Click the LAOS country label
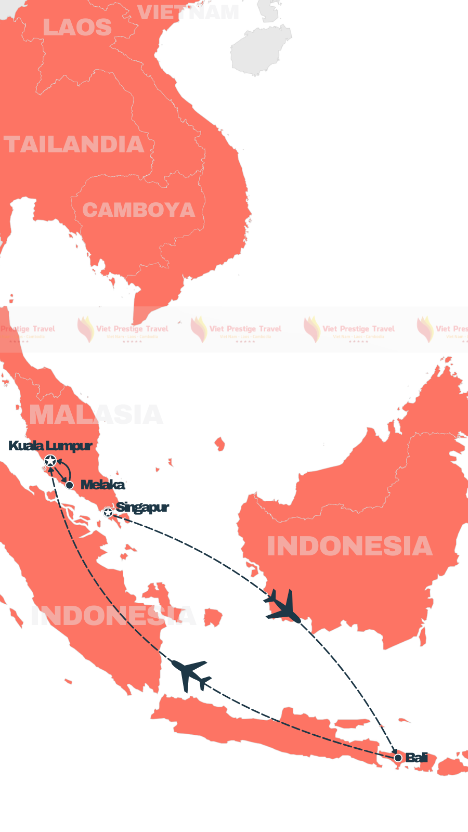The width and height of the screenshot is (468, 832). (x=77, y=28)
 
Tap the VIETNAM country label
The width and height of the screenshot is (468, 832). (x=188, y=12)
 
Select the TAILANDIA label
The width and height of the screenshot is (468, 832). (x=74, y=145)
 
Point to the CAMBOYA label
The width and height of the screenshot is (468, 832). (x=138, y=210)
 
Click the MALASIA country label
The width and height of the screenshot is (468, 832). (x=96, y=415)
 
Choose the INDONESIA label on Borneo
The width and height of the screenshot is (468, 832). (x=349, y=546)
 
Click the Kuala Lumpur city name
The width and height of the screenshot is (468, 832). (x=50, y=446)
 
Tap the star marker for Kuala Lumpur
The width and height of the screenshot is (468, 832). (x=50, y=461)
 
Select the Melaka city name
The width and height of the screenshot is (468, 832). (x=103, y=485)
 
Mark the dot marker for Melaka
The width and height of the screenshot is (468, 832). (x=70, y=485)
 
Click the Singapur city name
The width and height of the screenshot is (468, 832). (x=142, y=507)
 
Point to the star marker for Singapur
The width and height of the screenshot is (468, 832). (x=108, y=513)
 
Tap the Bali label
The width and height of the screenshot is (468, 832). (x=417, y=758)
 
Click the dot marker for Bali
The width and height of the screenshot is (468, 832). (x=398, y=758)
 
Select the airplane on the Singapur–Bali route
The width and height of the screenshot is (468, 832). (x=283, y=606)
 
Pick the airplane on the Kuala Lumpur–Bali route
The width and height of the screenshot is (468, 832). (x=191, y=674)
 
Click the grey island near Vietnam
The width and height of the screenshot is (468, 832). (x=258, y=49)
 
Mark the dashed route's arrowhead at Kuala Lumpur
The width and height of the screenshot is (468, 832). (x=51, y=470)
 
